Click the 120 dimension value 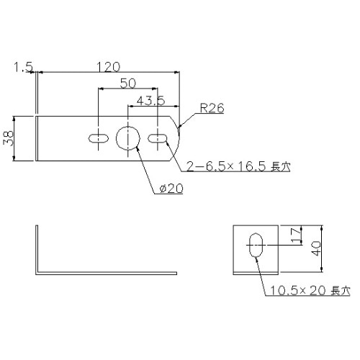click(107, 67)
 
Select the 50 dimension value click(127, 84)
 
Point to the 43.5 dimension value click(149, 101)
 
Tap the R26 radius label click(213, 109)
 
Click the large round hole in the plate click(128, 137)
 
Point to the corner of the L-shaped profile click(37, 271)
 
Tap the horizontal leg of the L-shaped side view click(108, 272)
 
